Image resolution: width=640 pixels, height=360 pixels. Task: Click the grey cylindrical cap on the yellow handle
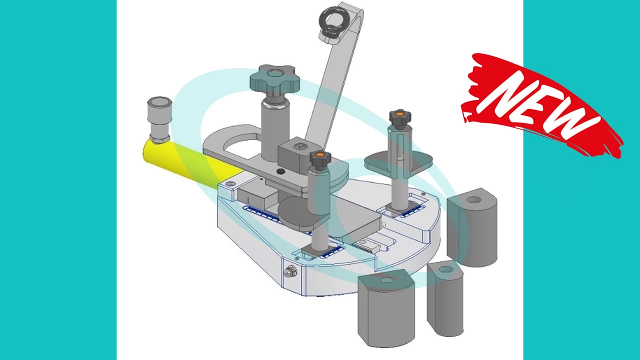tap(159, 119)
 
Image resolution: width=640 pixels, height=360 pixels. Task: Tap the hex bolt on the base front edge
tap(289, 272)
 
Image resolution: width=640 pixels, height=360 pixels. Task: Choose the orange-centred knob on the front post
tap(320, 158)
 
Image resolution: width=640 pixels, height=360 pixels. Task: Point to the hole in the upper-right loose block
tap(474, 200)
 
